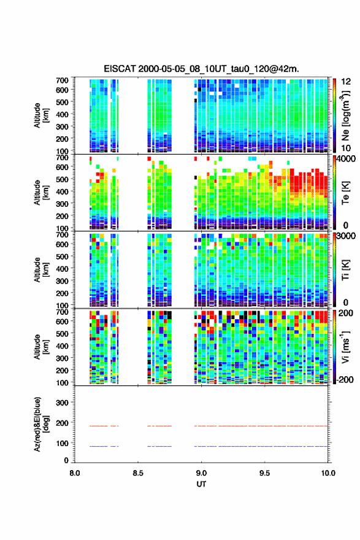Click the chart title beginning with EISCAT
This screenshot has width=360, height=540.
pyautogui.click(x=201, y=69)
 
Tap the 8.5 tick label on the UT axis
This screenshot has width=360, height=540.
pyautogui.click(x=137, y=473)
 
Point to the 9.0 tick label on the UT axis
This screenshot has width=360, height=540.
pyautogui.click(x=201, y=473)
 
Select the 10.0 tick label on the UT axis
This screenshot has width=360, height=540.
pyautogui.click(x=328, y=473)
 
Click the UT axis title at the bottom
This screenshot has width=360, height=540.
pyautogui.click(x=201, y=484)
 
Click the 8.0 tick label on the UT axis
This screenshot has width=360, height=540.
pyautogui.click(x=74, y=473)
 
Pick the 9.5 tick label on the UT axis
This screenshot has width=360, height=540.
pyautogui.click(x=265, y=473)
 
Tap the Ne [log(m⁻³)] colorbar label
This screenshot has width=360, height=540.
pyautogui.click(x=345, y=116)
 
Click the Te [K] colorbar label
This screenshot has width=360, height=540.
pyautogui.click(x=345, y=193)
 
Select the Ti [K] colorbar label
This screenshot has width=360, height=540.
pyautogui.click(x=345, y=270)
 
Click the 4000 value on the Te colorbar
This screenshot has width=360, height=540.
pyautogui.click(x=347, y=160)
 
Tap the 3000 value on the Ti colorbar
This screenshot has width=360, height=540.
pyautogui.click(x=347, y=236)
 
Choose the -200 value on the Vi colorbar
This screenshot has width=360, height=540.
pyautogui.click(x=345, y=379)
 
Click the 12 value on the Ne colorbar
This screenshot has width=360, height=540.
pyautogui.click(x=347, y=82)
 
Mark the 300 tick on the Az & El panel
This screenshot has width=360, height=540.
pyautogui.click(x=62, y=403)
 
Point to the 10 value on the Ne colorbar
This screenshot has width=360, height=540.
pyautogui.click(x=347, y=148)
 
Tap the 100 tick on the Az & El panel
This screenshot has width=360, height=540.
pyautogui.click(x=62, y=443)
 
